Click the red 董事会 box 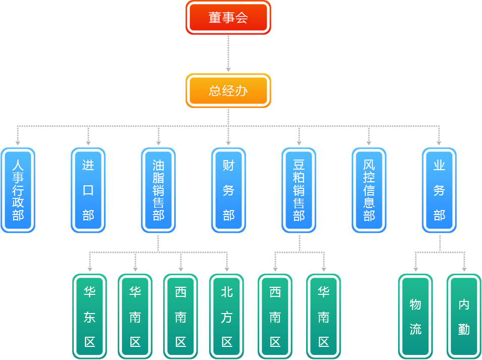(x=228, y=18)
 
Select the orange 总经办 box (x=228, y=91)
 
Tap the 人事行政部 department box (x=18, y=190)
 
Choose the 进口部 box (x=88, y=190)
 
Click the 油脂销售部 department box (x=158, y=190)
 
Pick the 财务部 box (x=228, y=190)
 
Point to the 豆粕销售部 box (x=299, y=190)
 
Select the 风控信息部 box (x=369, y=190)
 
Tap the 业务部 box (x=439, y=190)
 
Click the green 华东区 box (x=90, y=317)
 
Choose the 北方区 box (x=227, y=317)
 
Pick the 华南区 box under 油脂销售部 (x=135, y=317)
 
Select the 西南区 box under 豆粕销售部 (x=275, y=317)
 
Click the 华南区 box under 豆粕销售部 (x=324, y=317)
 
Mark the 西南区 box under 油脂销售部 (x=181, y=317)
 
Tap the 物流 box (x=415, y=317)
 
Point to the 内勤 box (x=464, y=317)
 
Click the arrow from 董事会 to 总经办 (x=228, y=53)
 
